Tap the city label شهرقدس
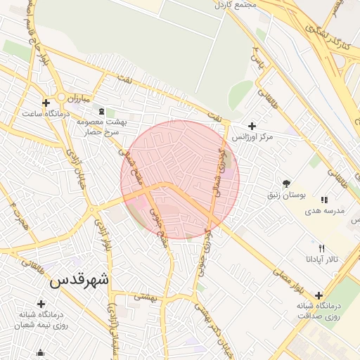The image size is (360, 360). (x=79, y=279)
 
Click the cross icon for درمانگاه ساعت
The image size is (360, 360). (x=46, y=103)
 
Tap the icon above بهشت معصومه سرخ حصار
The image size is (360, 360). (x=102, y=110)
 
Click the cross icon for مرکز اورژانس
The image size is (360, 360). (x=252, y=126)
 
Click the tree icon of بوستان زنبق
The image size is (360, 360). (x=285, y=182)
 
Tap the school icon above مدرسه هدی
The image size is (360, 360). (x=324, y=200)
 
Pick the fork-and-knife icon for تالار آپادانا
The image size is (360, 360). (x=322, y=248)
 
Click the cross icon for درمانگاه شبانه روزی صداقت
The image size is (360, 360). (x=319, y=295)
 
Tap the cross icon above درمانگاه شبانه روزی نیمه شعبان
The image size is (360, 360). (x=41, y=304)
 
